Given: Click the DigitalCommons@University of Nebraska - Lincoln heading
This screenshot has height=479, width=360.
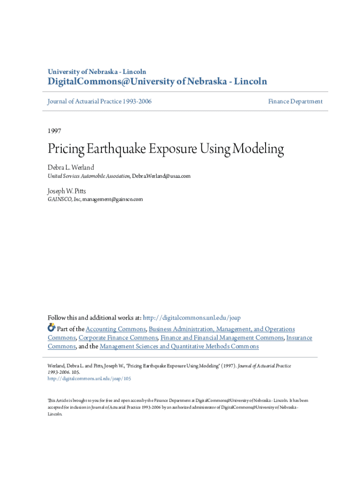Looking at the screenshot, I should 157,82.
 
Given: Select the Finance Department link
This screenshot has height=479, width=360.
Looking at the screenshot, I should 295,102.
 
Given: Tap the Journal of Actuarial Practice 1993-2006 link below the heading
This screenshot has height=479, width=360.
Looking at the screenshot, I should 100,102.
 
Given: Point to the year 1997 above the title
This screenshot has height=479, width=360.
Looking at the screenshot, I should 54,131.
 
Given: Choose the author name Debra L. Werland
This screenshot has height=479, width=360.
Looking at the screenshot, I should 71,167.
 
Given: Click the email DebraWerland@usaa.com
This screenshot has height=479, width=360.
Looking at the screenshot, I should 161,176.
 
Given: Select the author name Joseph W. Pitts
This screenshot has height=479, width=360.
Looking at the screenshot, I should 67,191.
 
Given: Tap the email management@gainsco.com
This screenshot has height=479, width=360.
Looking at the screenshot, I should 113,199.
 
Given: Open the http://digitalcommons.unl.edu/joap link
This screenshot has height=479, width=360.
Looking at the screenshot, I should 191,318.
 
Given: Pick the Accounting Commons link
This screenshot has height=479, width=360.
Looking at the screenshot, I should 115,329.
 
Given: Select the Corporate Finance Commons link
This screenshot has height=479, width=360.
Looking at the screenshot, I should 118,338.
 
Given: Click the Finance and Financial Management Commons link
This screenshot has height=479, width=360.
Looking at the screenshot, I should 222,338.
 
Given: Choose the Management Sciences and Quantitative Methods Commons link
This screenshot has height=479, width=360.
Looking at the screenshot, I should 179,347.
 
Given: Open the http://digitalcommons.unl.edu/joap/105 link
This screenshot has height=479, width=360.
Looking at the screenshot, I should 89,378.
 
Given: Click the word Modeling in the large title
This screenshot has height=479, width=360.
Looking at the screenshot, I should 259,149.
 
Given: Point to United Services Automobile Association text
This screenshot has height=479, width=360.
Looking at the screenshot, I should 89,176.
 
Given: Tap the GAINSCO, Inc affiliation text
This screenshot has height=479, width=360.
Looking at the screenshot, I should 64,199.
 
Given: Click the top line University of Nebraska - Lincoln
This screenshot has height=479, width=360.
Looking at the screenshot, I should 97,72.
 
